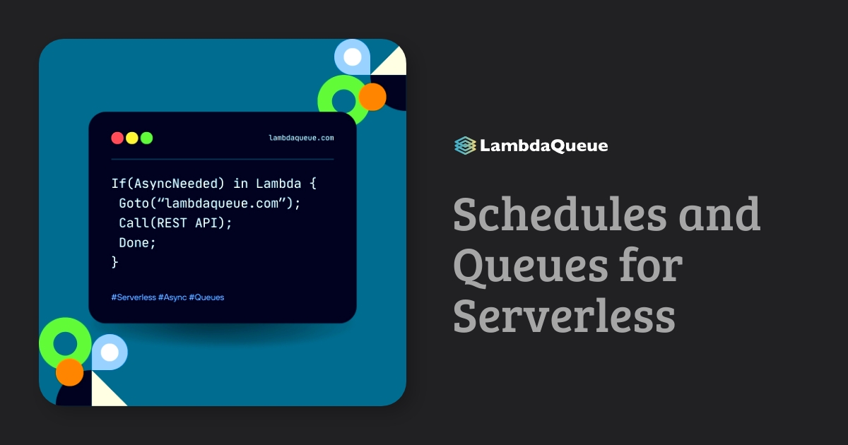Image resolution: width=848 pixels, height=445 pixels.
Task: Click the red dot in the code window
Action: point(117,138)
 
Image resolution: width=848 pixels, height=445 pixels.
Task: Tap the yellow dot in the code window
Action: point(132,138)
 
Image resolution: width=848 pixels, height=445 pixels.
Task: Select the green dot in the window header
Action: point(146,138)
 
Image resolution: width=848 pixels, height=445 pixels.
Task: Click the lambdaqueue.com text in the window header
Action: point(301,138)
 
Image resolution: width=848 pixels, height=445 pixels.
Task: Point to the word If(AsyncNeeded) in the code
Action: point(168,184)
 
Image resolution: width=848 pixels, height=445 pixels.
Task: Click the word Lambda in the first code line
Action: point(278,184)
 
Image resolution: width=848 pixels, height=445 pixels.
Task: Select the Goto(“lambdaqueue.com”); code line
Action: point(210,203)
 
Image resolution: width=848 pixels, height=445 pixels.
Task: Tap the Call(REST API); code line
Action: point(175,222)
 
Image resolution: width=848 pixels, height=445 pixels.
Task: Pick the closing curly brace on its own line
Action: point(115,261)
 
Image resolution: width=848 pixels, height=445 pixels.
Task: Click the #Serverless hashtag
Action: point(134,297)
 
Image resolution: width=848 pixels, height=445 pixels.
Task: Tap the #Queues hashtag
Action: point(206,297)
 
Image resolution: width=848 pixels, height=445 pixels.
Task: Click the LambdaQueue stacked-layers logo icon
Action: point(464,146)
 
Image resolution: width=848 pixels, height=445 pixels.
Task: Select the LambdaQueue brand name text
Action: point(543,146)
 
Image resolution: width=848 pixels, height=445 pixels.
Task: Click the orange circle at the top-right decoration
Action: point(372,97)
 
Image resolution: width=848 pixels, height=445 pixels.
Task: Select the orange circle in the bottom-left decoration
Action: point(70,372)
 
